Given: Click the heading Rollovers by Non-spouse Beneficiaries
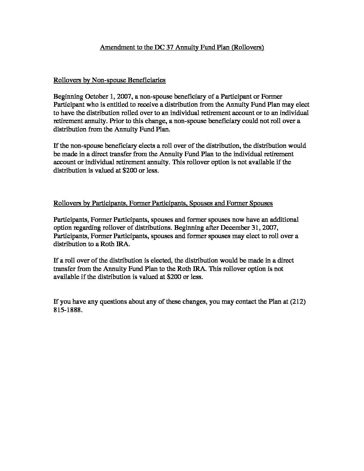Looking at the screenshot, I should [109, 80].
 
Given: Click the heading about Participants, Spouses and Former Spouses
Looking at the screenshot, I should [163, 203].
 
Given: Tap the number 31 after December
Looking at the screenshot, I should [254, 228].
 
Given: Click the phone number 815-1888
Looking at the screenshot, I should [67, 310].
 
